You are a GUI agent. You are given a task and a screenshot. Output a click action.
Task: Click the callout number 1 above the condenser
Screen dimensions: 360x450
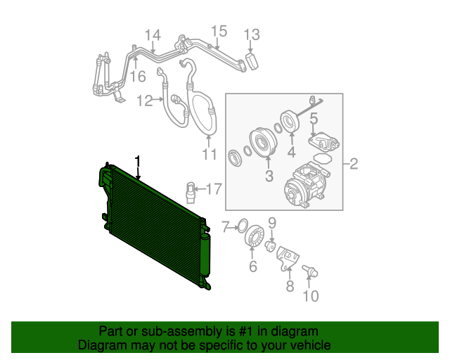139,162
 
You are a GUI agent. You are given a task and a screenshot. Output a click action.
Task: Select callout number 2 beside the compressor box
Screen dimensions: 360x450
354,165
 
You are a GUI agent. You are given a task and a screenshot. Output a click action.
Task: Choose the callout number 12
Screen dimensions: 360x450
145,101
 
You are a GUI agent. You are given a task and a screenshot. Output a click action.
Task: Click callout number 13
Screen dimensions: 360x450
252,34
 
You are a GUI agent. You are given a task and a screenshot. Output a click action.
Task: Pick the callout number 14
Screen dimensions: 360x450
153,35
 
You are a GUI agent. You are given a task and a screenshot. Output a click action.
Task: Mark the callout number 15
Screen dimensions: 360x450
219,30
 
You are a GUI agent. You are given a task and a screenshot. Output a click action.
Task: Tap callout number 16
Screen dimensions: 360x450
138,76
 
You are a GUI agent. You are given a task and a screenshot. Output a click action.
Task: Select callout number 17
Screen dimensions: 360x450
213,188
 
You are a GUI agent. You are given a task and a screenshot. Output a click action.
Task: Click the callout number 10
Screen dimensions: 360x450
310,296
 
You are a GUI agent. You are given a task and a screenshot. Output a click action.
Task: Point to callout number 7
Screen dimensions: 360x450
225,226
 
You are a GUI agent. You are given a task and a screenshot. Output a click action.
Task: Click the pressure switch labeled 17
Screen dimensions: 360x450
190,191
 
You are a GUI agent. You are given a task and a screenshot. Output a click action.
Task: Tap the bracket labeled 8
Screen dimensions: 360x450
288,257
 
